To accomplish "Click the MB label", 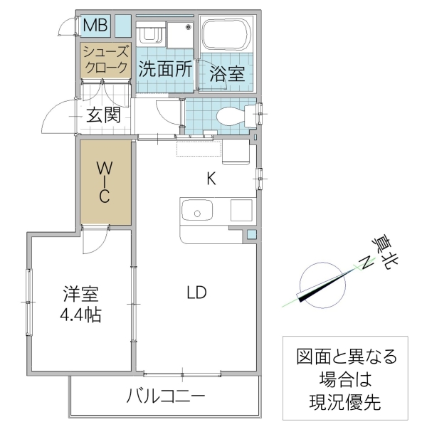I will (x=95, y=26).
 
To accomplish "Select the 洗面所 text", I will (x=164, y=70).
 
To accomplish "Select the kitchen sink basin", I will (x=197, y=211).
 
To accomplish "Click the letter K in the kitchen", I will (x=211, y=179).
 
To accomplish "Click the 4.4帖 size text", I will (x=80, y=314).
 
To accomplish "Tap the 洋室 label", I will (x=80, y=292).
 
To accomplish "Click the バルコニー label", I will (x=167, y=396).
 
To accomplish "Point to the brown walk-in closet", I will (x=105, y=183).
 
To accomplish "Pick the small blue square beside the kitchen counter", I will (x=251, y=233).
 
